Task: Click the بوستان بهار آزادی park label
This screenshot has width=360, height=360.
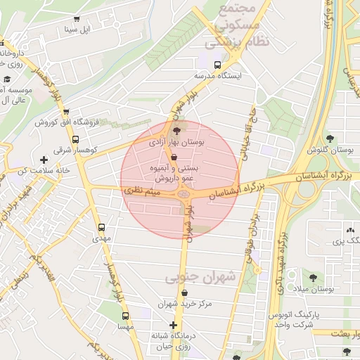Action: (x=176, y=143)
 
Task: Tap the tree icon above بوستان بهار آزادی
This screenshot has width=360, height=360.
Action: (x=176, y=130)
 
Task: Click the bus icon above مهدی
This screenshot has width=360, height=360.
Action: (x=101, y=227)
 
